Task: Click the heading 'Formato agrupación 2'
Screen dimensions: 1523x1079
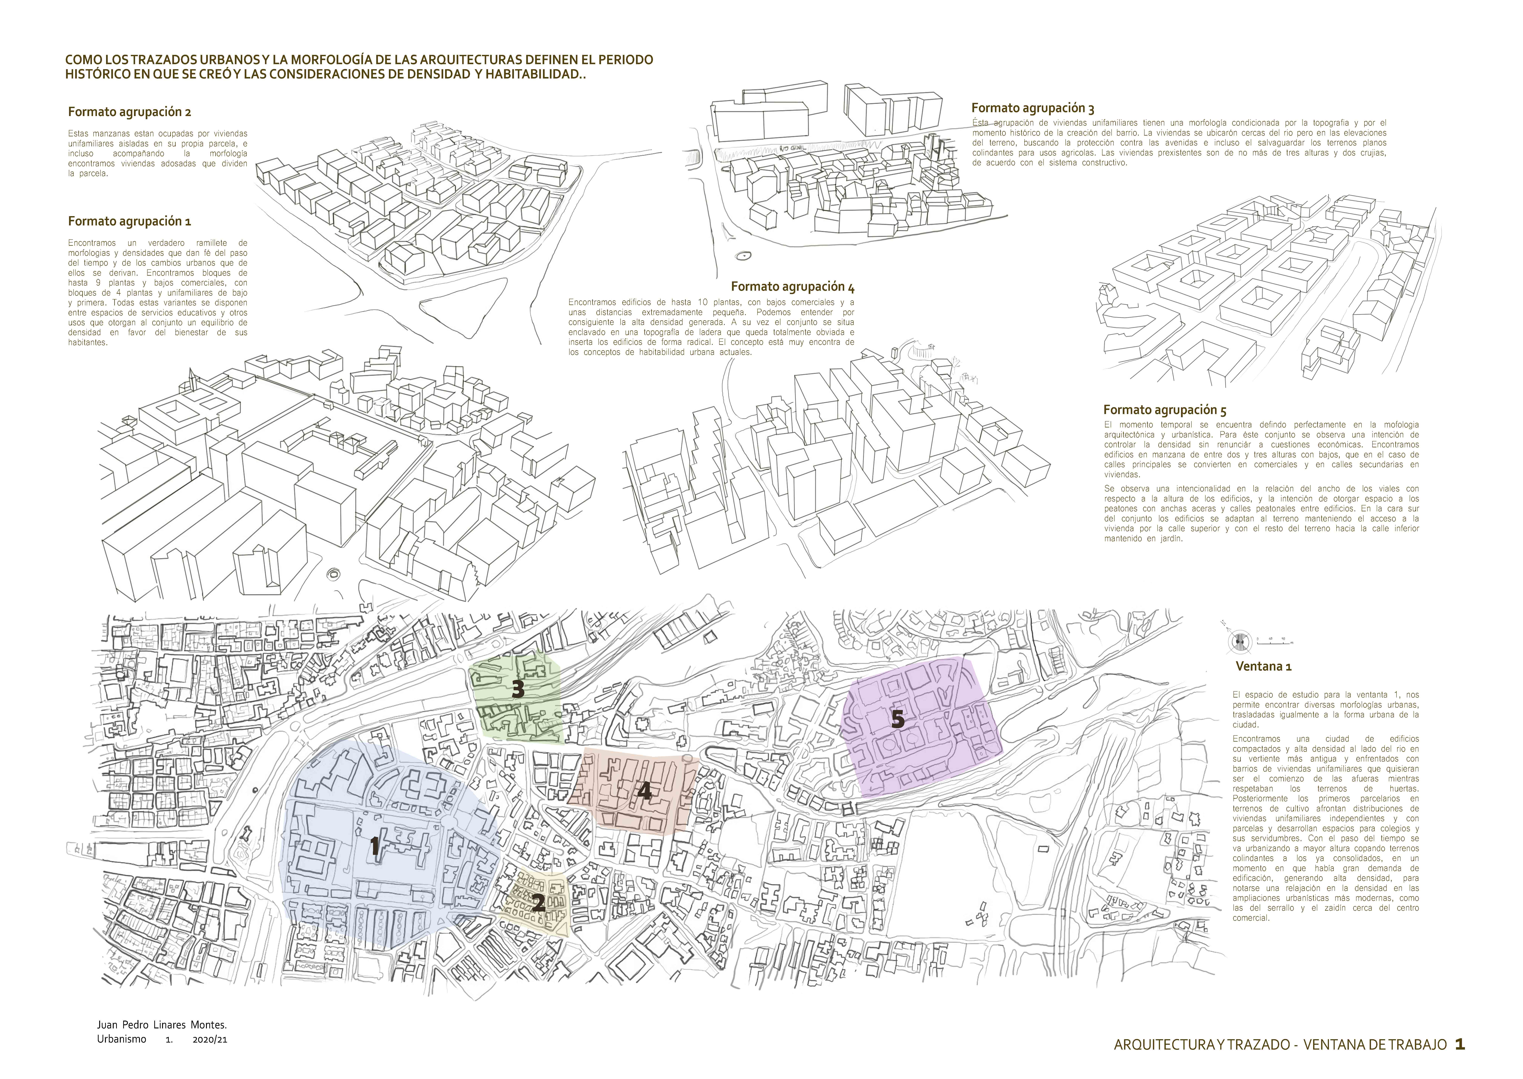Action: tap(130, 112)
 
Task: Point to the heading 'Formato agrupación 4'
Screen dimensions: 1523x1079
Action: tap(793, 287)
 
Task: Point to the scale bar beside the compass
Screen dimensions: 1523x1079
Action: tap(1274, 642)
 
